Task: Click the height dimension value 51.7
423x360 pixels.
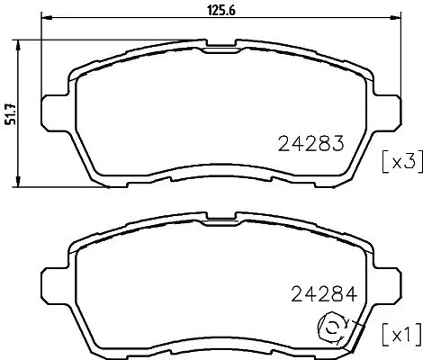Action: pyautogui.click(x=11, y=114)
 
